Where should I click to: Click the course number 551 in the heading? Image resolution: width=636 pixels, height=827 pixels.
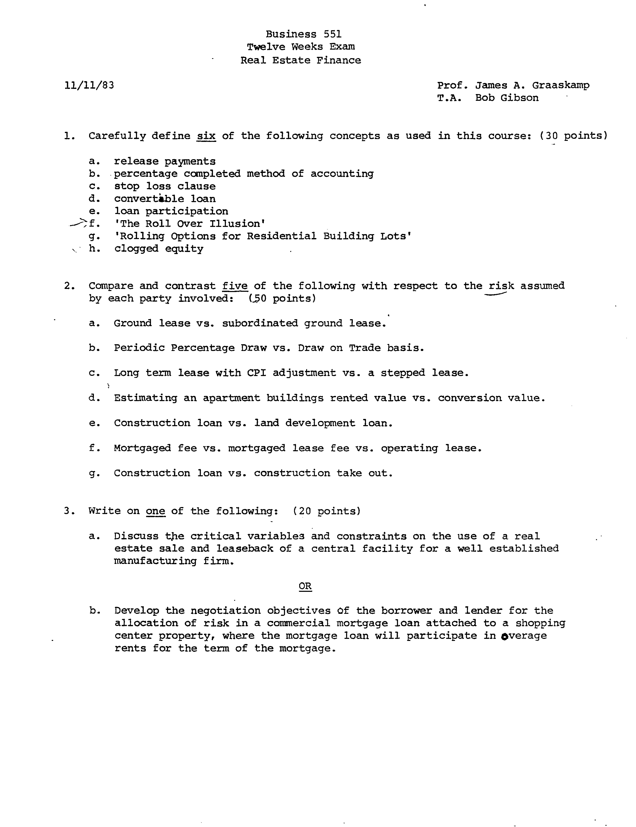point(333,34)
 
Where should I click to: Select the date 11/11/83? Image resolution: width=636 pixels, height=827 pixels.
point(89,85)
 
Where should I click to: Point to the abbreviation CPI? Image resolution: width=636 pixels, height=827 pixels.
point(256,373)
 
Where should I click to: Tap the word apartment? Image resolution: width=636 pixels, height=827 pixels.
point(231,398)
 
